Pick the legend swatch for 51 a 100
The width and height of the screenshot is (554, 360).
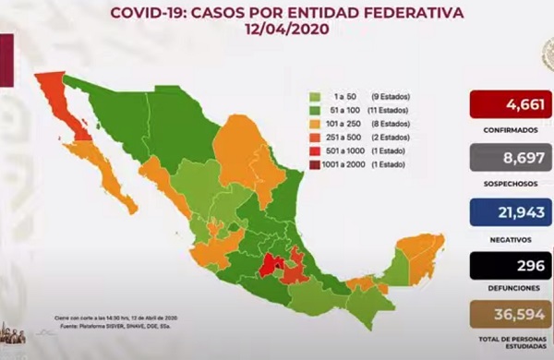[315, 109]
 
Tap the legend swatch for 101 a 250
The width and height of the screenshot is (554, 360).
[315, 121]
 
